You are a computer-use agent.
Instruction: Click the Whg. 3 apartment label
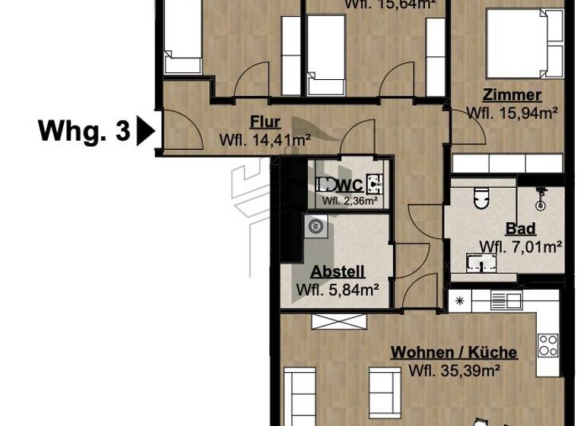pyautogui.click(x=84, y=131)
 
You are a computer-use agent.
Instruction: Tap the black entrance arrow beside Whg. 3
pyautogui.click(x=145, y=131)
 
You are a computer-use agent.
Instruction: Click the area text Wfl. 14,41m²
pyautogui.click(x=265, y=140)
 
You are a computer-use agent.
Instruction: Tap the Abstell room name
pyautogui.click(x=338, y=271)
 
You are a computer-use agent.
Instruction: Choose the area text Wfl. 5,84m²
pyautogui.click(x=338, y=288)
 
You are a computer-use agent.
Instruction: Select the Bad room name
pyautogui.click(x=521, y=228)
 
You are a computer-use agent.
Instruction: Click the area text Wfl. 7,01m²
pyautogui.click(x=521, y=246)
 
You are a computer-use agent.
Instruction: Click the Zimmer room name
pyautogui.click(x=512, y=95)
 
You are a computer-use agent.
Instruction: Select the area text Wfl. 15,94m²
pyautogui.click(x=512, y=113)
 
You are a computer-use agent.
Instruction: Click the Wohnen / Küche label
pyautogui.click(x=454, y=352)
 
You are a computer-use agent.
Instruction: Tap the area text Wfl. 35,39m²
pyautogui.click(x=454, y=370)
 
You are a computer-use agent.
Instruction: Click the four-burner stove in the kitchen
pyautogui.click(x=548, y=346)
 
